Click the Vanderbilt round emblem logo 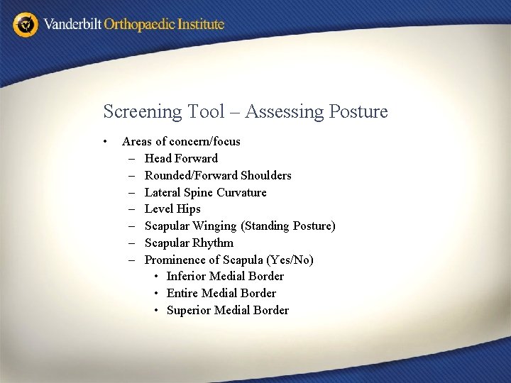click(x=26, y=25)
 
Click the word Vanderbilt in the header click(x=72, y=25)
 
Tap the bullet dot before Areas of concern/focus click(x=105, y=141)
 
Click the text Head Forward click(x=181, y=158)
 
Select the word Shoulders click(x=266, y=175)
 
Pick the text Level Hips click(x=172, y=209)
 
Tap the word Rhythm click(x=212, y=243)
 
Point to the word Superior click(x=189, y=311)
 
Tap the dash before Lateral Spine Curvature click(x=133, y=192)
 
